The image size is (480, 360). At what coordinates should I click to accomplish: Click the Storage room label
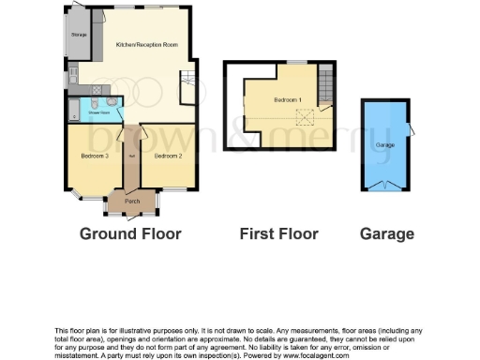(x=79, y=36)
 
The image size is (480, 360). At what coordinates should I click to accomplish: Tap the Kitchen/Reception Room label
(x=146, y=45)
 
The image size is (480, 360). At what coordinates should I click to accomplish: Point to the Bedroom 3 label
(x=96, y=156)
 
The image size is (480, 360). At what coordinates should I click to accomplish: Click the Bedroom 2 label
(x=168, y=156)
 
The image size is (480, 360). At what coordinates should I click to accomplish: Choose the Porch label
(x=132, y=201)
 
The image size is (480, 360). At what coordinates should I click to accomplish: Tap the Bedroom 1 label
(x=286, y=99)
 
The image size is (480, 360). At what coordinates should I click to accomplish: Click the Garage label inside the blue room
(x=383, y=146)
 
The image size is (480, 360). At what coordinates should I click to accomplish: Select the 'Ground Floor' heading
(x=130, y=233)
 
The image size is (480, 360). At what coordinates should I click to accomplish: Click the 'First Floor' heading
(x=279, y=233)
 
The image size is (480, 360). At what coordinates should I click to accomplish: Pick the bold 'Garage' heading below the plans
(x=386, y=233)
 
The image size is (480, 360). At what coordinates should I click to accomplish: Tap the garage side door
(x=410, y=130)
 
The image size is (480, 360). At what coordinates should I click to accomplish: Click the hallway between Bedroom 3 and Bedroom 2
(x=132, y=159)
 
